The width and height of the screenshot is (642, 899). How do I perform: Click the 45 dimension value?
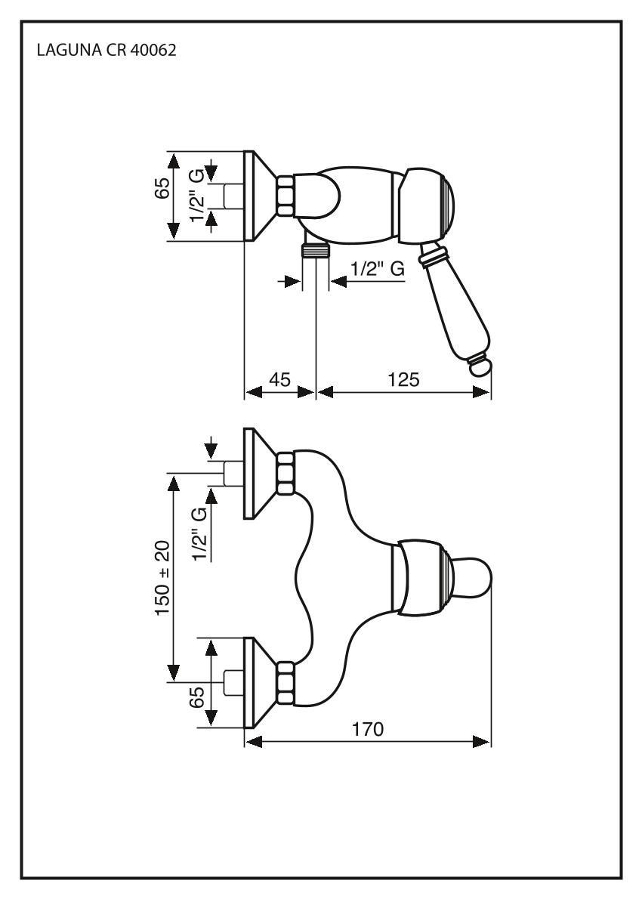279,380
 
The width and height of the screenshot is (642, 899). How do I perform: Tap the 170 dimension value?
368,730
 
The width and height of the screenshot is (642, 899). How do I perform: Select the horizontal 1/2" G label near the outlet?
376,268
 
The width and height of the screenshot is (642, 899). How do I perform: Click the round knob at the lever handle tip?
480,367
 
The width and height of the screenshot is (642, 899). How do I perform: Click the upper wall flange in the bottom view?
260,474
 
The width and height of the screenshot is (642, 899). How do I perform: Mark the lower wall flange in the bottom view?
260,682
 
